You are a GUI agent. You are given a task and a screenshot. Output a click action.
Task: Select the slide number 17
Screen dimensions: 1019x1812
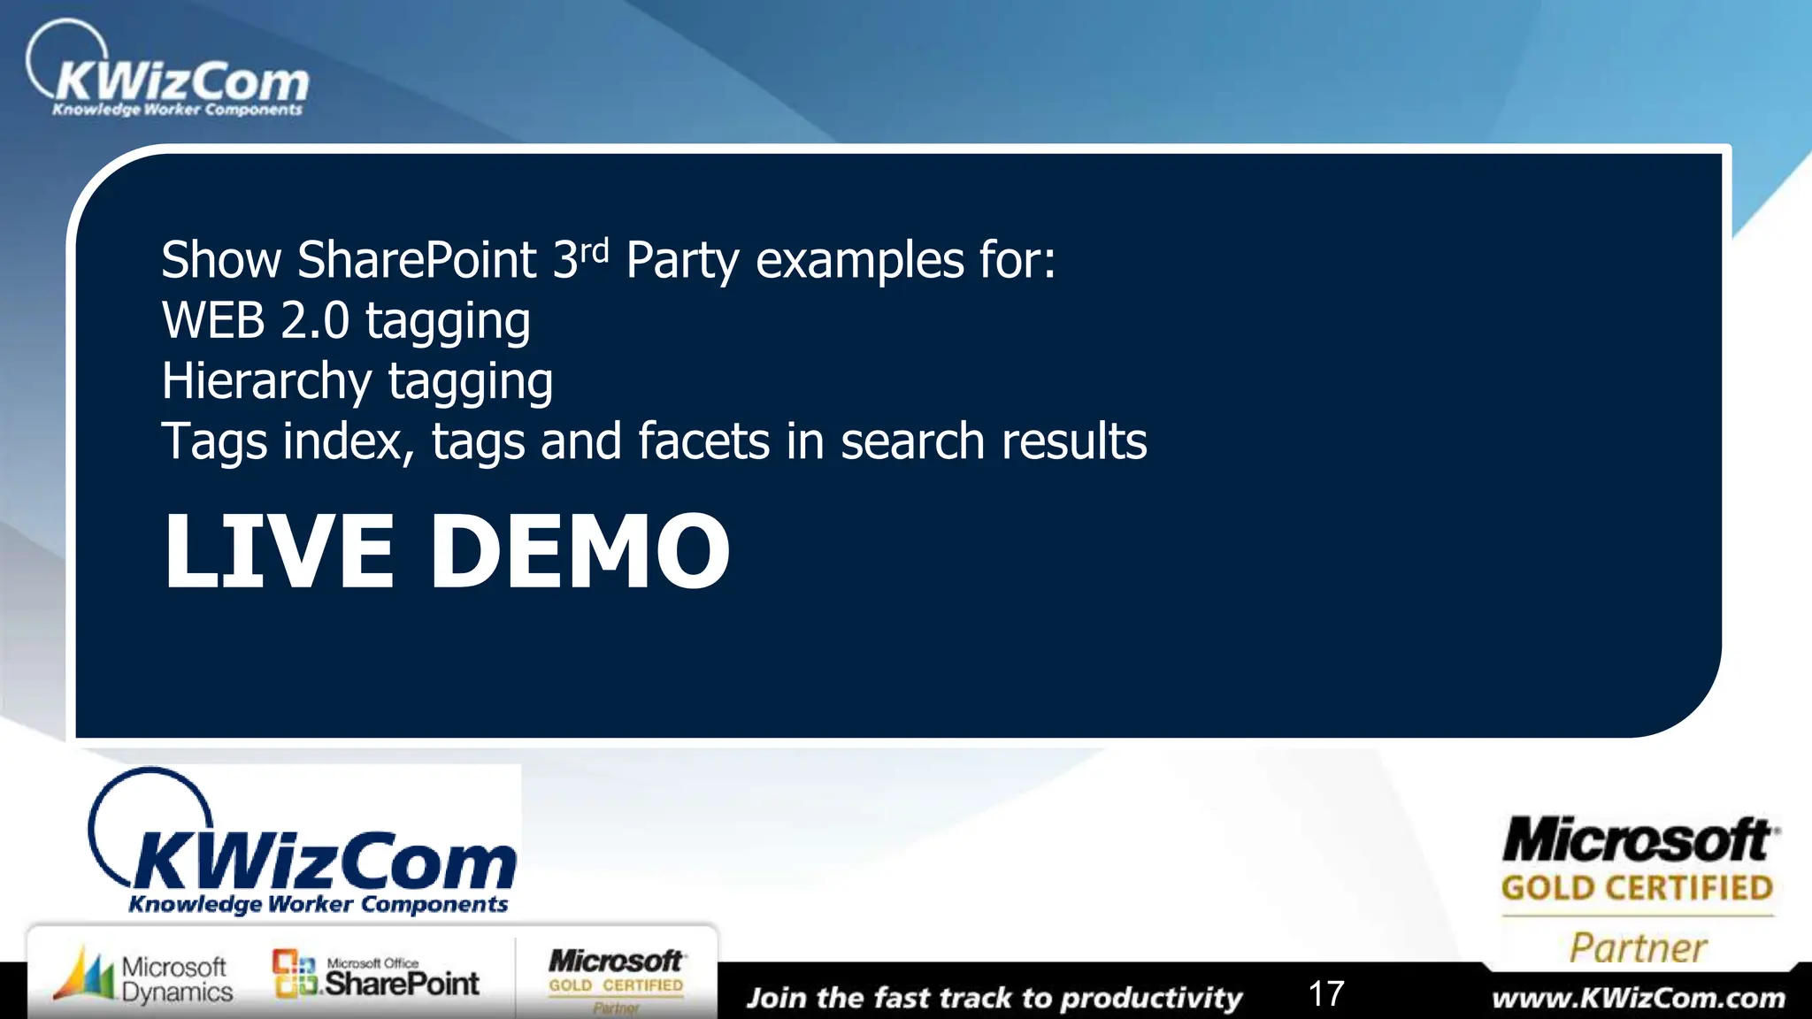tap(1325, 994)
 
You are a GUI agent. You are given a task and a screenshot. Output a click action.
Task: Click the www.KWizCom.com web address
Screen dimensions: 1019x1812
tap(1639, 999)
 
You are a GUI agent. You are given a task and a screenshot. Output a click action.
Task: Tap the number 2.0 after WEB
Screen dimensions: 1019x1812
tap(315, 320)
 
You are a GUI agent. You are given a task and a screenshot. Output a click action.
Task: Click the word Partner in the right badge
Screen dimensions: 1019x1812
tap(1638, 948)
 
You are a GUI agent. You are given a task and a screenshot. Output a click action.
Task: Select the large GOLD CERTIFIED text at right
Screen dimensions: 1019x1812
tap(1637, 888)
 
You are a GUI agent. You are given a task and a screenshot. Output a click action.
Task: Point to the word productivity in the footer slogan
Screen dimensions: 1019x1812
tap(1151, 999)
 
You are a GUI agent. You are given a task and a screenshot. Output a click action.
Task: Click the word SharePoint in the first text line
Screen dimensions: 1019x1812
tap(417, 261)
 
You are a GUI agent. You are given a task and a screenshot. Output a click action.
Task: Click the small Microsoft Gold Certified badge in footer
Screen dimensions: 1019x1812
tap(616, 978)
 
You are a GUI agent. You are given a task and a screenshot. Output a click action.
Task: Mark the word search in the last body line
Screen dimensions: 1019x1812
tap(911, 441)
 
